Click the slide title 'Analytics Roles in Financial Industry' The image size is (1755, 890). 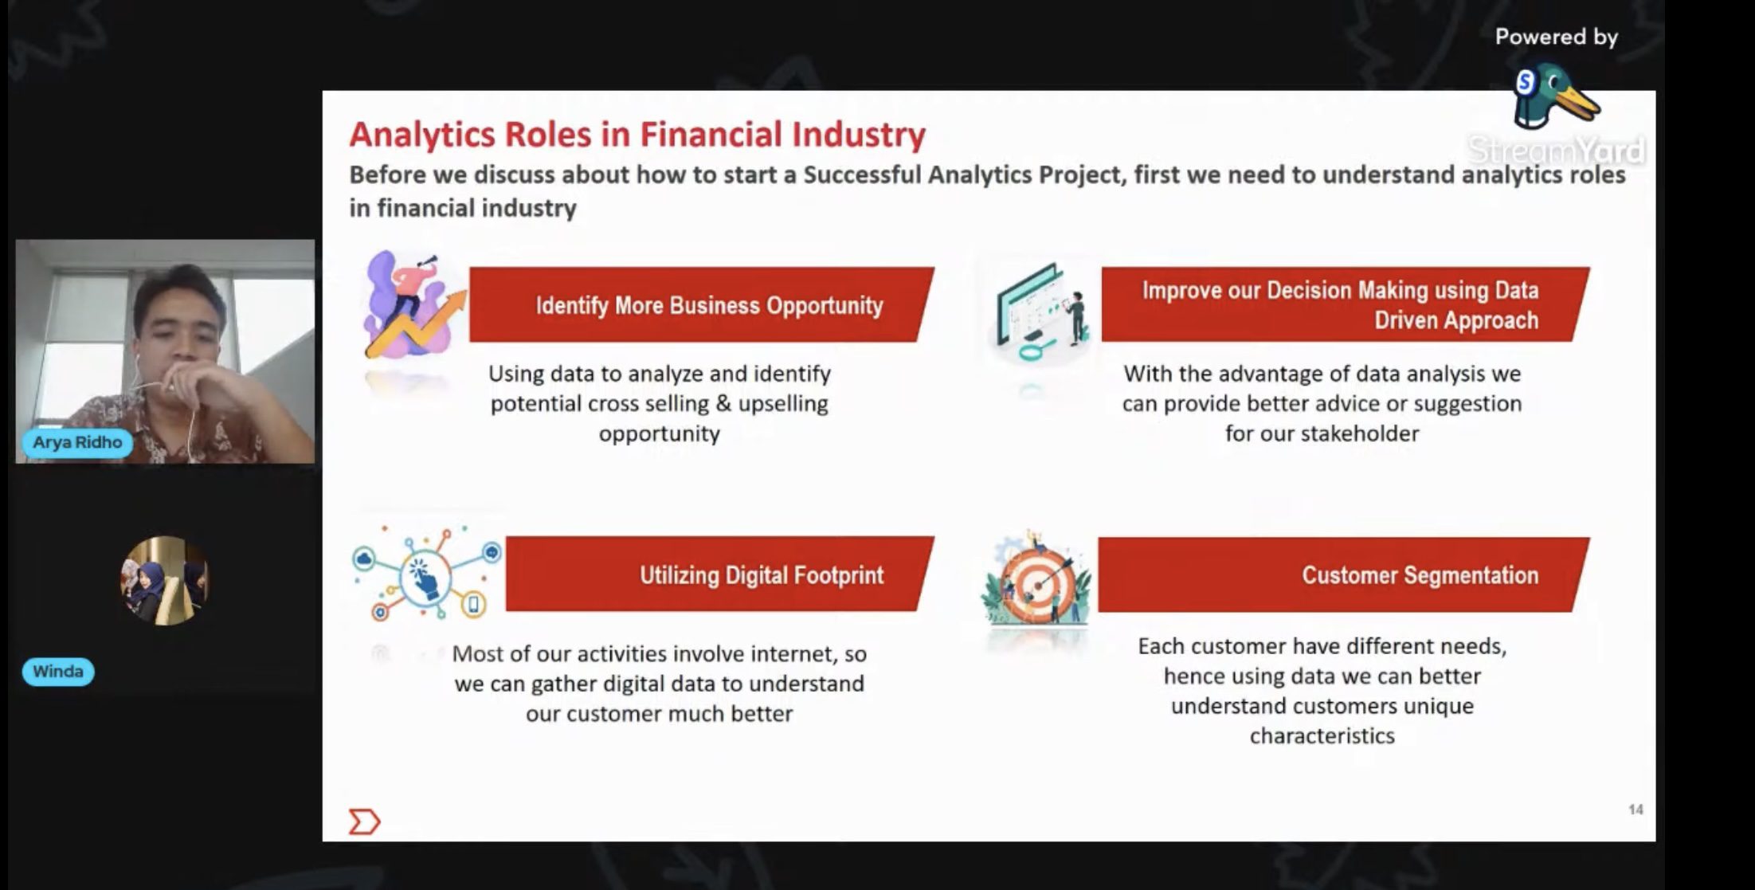click(x=637, y=134)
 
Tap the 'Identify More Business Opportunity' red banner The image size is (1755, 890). click(x=701, y=304)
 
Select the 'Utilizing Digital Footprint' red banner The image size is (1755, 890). click(x=719, y=574)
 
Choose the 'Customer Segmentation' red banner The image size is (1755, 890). click(x=1343, y=574)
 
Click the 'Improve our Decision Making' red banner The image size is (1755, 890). click(x=1345, y=304)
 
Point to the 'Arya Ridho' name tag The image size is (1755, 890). click(x=77, y=442)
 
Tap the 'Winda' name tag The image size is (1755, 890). click(x=58, y=672)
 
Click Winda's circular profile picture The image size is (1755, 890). click(x=165, y=581)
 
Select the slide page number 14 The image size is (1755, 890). click(x=1636, y=810)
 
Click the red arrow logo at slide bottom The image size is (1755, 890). click(x=364, y=821)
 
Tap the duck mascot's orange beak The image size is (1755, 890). click(x=1577, y=102)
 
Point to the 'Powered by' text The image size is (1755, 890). click(x=1556, y=37)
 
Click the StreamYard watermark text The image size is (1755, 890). click(x=1556, y=150)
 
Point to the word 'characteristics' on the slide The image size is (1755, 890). click(x=1322, y=735)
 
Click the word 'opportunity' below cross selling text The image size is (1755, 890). click(x=660, y=434)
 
